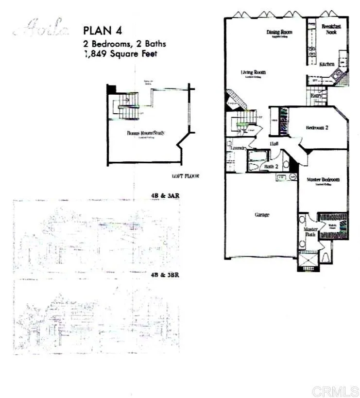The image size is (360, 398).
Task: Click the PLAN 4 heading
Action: click(103, 30)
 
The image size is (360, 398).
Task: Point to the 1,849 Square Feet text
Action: click(120, 54)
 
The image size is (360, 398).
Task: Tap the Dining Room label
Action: click(279, 33)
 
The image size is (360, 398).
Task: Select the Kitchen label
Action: click(326, 64)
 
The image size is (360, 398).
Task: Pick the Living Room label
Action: click(254, 73)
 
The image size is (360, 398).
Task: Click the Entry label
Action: click(316, 96)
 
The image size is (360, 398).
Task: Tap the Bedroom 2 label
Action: click(317, 128)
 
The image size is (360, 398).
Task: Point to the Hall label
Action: click(274, 144)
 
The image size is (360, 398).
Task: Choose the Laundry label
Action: click(238, 147)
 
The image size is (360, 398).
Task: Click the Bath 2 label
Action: click(270, 167)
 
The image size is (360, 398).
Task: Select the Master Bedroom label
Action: click(323, 179)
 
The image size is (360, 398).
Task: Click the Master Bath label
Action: click(310, 232)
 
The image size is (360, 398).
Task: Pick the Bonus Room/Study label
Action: click(147, 133)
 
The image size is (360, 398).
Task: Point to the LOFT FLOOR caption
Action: click(185, 176)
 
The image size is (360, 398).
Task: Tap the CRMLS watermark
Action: click(334, 391)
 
